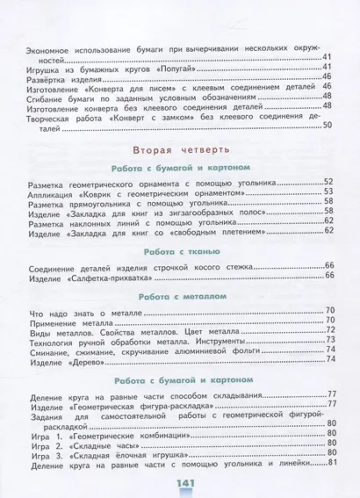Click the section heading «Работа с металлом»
pyautogui.click(x=179, y=297)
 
